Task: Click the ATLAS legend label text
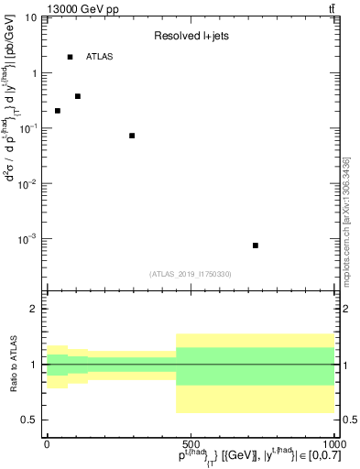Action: (x=100, y=57)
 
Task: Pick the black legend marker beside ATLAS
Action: (x=71, y=57)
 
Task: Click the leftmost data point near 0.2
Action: (x=58, y=111)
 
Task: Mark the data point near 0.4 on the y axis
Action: (x=78, y=96)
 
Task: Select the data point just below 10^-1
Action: (x=132, y=136)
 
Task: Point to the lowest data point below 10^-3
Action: (x=256, y=245)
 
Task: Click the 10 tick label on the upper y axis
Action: (x=31, y=17)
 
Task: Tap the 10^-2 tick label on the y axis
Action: (x=27, y=183)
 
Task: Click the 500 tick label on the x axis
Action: (x=190, y=444)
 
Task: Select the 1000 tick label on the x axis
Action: (x=331, y=444)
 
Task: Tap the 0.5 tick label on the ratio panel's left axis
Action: (x=29, y=420)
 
